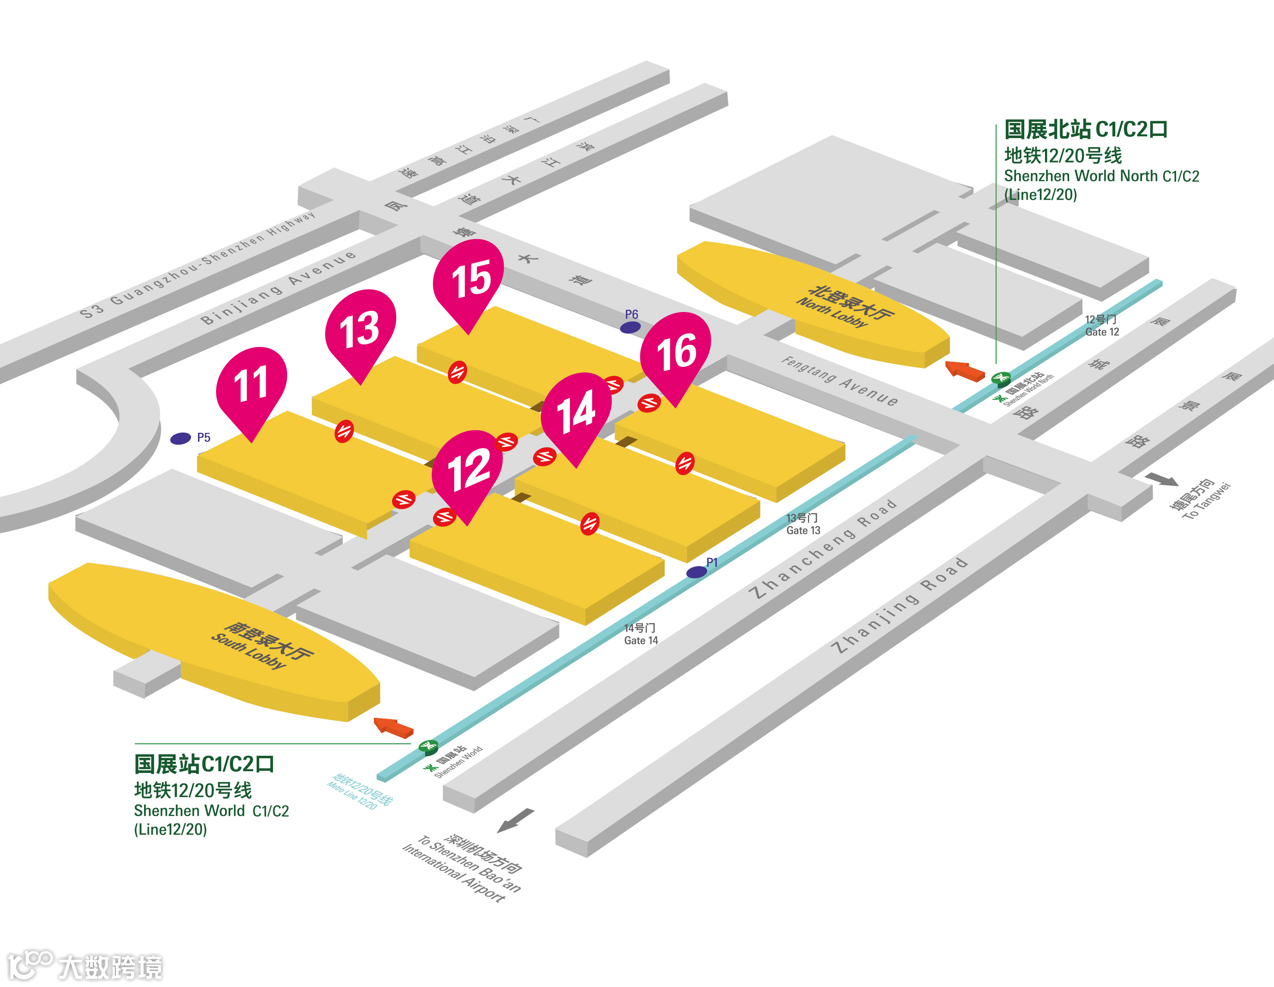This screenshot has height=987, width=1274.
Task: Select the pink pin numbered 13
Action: pyautogui.click(x=360, y=327)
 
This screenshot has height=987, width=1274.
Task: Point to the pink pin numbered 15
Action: pyautogui.click(x=469, y=277)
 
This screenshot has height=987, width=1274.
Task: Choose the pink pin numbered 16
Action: pyautogui.click(x=676, y=350)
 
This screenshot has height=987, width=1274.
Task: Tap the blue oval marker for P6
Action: pyautogui.click(x=630, y=328)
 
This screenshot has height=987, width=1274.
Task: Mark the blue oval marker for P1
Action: pyautogui.click(x=697, y=572)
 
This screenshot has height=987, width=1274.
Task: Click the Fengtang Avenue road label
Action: pyautogui.click(x=840, y=381)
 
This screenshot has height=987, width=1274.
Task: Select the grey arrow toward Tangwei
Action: pyautogui.click(x=1161, y=479)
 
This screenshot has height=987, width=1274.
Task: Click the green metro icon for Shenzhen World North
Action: pyautogui.click(x=1001, y=378)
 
